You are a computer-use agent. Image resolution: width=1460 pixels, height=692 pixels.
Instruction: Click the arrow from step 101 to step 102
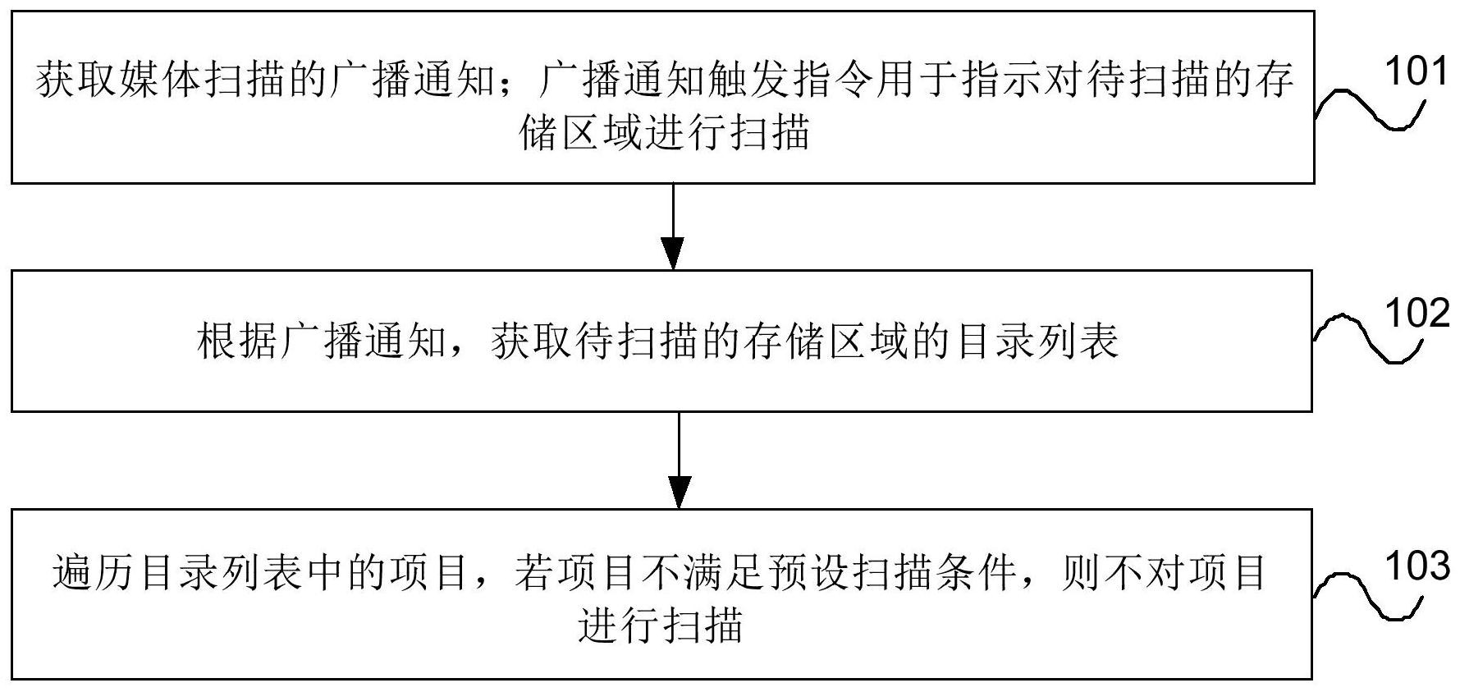click(x=673, y=227)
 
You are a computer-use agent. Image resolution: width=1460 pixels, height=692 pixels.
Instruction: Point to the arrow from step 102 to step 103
click(x=679, y=461)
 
